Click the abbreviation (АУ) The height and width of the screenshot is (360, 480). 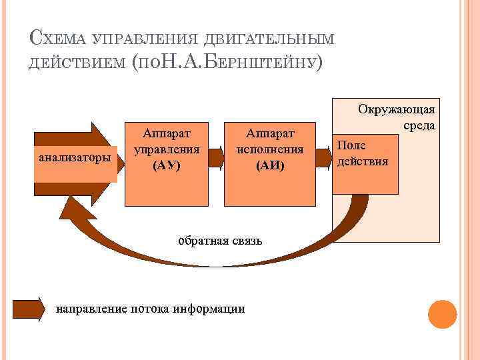coord(167,166)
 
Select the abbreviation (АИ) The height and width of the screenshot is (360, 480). coord(270,166)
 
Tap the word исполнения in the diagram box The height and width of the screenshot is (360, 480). coord(270,150)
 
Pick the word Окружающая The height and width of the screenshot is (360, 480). coord(397,109)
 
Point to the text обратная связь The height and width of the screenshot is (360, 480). coord(220,240)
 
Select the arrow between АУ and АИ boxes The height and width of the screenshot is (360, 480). coord(215,157)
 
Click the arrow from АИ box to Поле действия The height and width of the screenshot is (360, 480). coord(323,157)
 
